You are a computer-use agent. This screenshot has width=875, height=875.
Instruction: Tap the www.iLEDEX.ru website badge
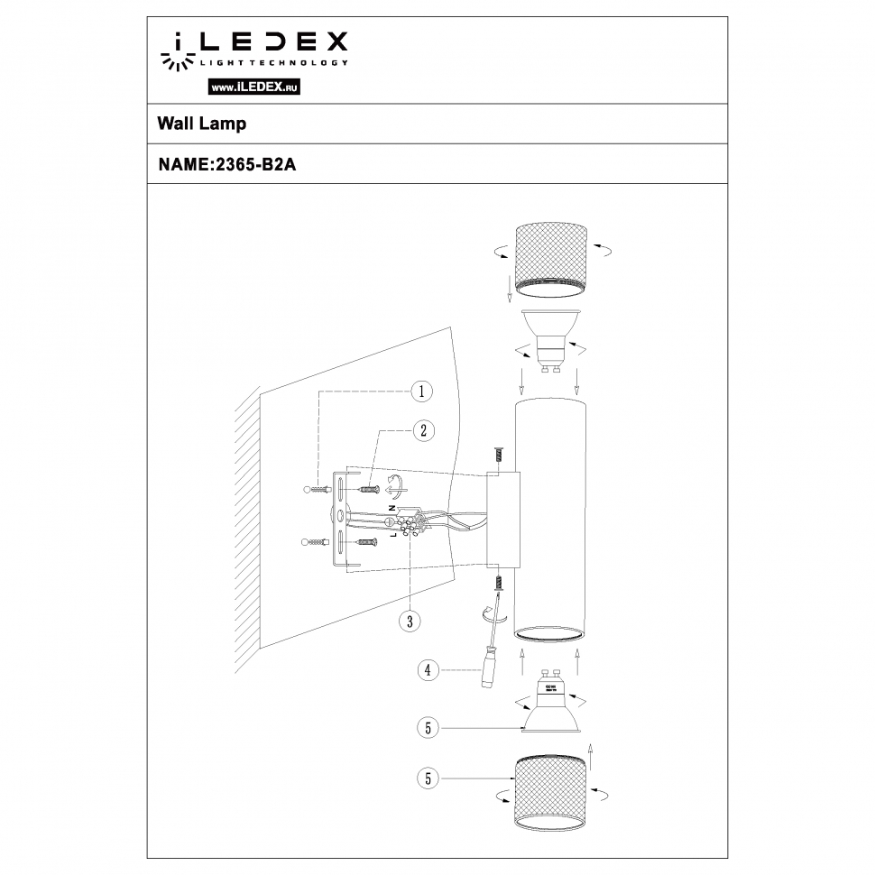click(253, 87)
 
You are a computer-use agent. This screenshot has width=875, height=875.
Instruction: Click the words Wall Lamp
click(202, 124)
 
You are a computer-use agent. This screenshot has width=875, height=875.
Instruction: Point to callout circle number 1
click(420, 391)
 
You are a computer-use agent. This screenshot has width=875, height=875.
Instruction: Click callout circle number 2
click(420, 430)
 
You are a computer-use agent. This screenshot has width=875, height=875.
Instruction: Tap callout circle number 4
click(429, 669)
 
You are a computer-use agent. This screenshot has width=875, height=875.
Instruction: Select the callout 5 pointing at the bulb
click(429, 725)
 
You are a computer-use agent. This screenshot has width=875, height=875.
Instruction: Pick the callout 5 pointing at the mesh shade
click(429, 777)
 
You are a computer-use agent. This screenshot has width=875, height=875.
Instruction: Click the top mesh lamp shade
click(550, 258)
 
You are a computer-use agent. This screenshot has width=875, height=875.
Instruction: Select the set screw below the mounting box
click(496, 585)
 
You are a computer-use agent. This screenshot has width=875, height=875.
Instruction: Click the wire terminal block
click(410, 522)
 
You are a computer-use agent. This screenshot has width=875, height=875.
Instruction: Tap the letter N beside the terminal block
click(393, 508)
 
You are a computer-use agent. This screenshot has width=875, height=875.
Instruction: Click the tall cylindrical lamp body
click(550, 519)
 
